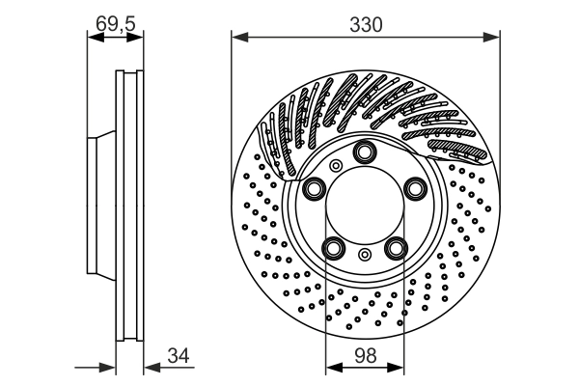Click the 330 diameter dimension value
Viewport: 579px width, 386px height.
366,25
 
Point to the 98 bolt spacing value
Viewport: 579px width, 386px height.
366,356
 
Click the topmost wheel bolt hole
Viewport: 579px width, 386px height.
365,152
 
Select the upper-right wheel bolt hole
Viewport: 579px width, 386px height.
415,188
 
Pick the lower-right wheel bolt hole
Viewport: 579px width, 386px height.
396,248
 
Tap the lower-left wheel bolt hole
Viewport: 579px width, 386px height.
334,248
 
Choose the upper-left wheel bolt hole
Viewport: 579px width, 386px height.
315,188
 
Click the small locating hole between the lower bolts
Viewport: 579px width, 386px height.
365,255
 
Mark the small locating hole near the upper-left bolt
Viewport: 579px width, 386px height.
335,166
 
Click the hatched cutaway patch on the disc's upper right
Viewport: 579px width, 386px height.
455,149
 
